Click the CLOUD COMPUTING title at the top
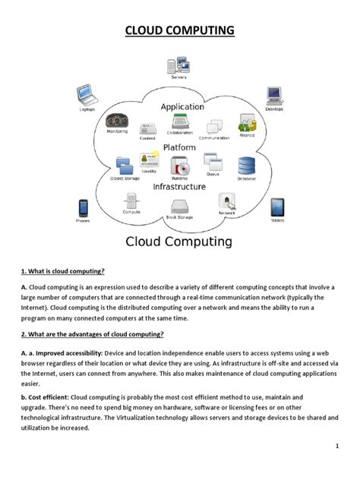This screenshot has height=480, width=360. [x=180, y=31]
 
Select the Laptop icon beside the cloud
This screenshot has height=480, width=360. [x=87, y=96]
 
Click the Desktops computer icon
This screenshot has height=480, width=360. [x=274, y=96]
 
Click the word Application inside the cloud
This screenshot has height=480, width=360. [x=182, y=107]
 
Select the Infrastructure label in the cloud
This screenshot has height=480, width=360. [x=179, y=186]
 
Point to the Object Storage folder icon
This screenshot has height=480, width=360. [x=123, y=165]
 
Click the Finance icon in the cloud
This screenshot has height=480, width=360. [x=247, y=122]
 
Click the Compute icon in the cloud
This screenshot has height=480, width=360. [x=131, y=201]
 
